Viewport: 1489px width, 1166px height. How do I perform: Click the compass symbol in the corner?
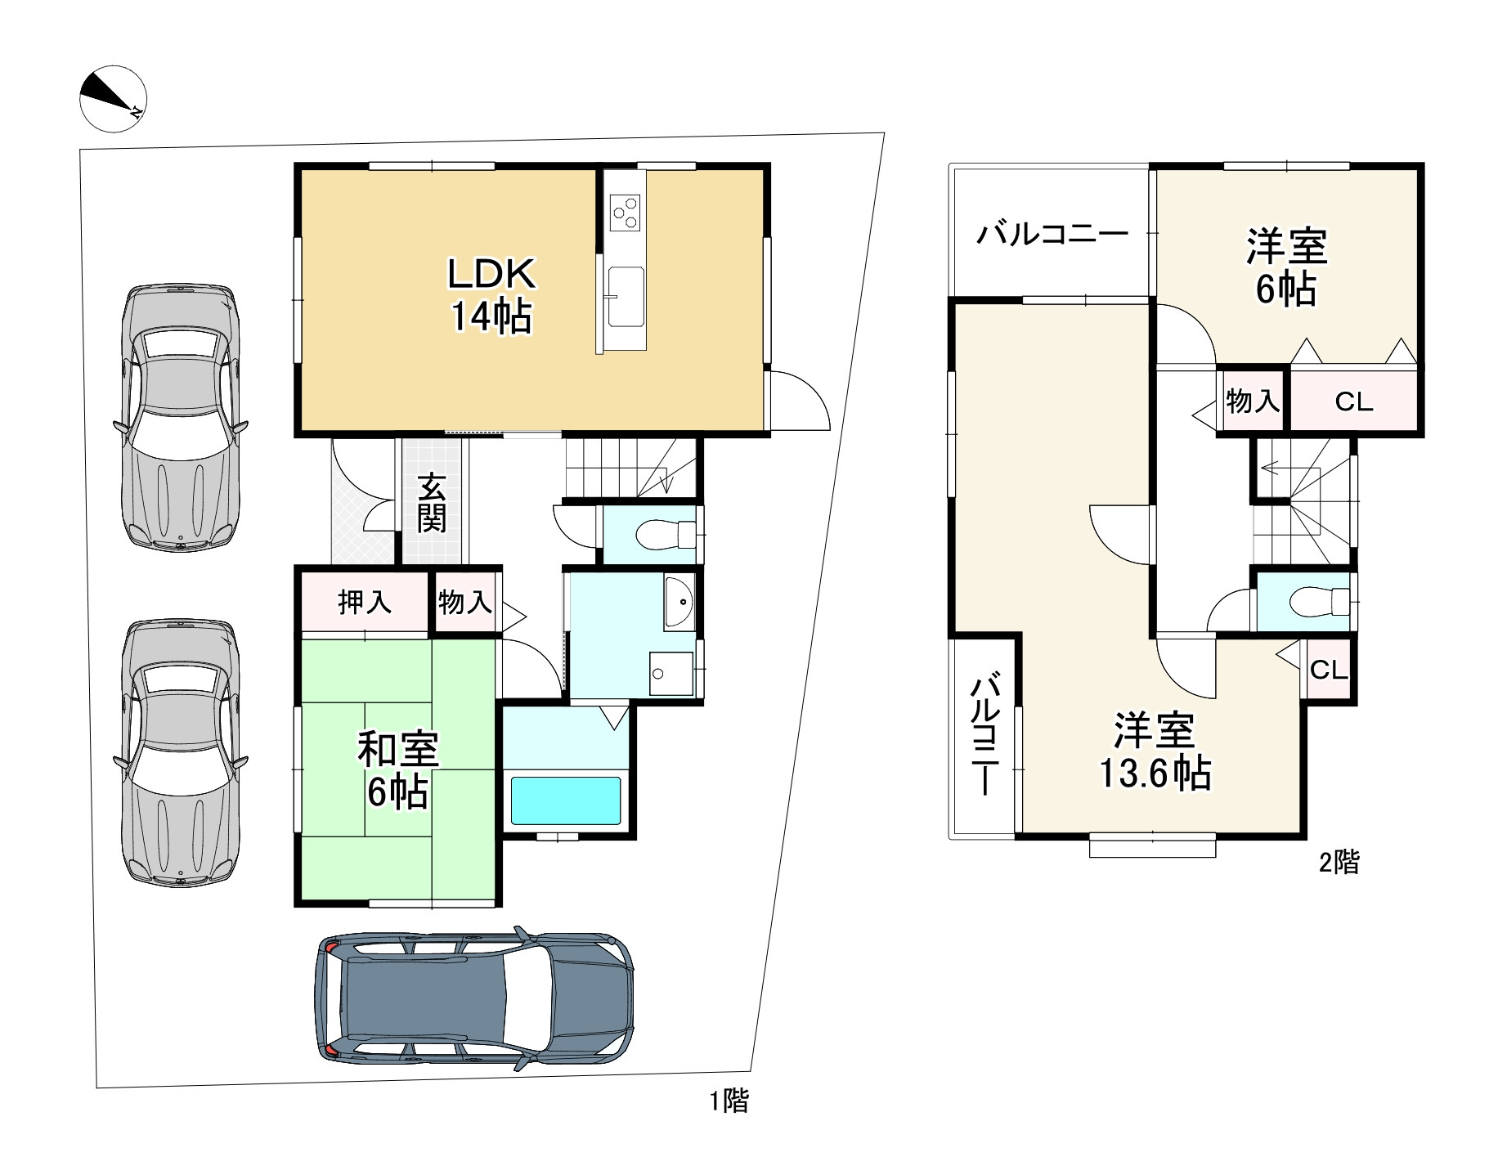(113, 98)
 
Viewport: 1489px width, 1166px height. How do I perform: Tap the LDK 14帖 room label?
(491, 295)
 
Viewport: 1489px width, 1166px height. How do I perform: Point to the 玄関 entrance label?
(432, 504)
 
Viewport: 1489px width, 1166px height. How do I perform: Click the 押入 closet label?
(365, 603)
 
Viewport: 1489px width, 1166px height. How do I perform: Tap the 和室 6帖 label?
(398, 769)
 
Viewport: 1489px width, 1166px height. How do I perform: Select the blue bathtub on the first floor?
(566, 801)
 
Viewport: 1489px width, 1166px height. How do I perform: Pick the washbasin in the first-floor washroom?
(679, 602)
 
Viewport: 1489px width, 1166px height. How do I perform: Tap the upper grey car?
(180, 418)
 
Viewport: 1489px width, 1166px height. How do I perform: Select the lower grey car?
(180, 753)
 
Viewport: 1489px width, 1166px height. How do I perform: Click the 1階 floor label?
(728, 1101)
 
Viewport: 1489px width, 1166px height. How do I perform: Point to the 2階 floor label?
(1339, 862)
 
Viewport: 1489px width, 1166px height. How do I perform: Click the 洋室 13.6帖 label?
(1155, 751)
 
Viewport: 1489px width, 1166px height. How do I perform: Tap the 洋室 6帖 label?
(1286, 267)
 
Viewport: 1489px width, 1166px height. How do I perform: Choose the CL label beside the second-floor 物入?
(1354, 401)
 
